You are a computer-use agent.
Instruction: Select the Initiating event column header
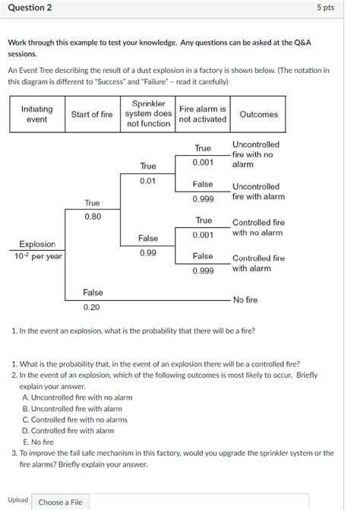pos(36,114)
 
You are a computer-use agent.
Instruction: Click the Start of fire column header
pos(91,115)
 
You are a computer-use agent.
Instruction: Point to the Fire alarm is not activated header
pos(202,114)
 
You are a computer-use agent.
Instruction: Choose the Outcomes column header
pos(258,115)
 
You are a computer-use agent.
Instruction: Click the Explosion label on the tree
pos(37,244)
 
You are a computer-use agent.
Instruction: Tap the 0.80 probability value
pos(92,217)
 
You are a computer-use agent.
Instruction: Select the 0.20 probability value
pos(92,307)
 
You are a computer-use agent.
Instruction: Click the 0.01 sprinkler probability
pos(147,180)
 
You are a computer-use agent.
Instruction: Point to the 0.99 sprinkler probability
pos(147,252)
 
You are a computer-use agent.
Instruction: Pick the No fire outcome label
pos(245,300)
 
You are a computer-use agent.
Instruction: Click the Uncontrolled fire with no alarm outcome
pos(255,154)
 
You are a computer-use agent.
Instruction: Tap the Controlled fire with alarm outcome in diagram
pos(258,263)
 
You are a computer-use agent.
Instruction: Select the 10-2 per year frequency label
pos(37,257)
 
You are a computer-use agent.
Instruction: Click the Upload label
pos(18,500)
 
